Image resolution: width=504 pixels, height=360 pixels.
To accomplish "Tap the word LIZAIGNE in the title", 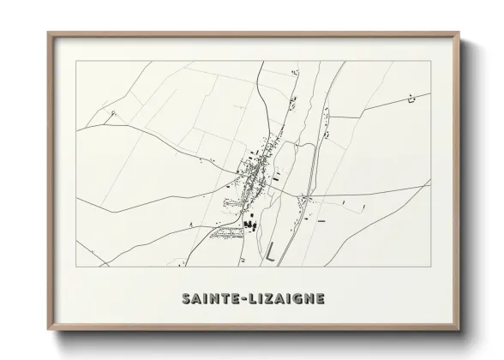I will pos(284,298).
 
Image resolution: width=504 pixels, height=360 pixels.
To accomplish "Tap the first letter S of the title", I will pos(186,298).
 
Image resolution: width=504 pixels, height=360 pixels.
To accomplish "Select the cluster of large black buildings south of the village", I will pos(250,224).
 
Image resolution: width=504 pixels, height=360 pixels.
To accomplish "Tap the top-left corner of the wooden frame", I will pos(48,33).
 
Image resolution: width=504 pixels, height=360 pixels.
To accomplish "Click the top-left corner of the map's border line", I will pos(76,62).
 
